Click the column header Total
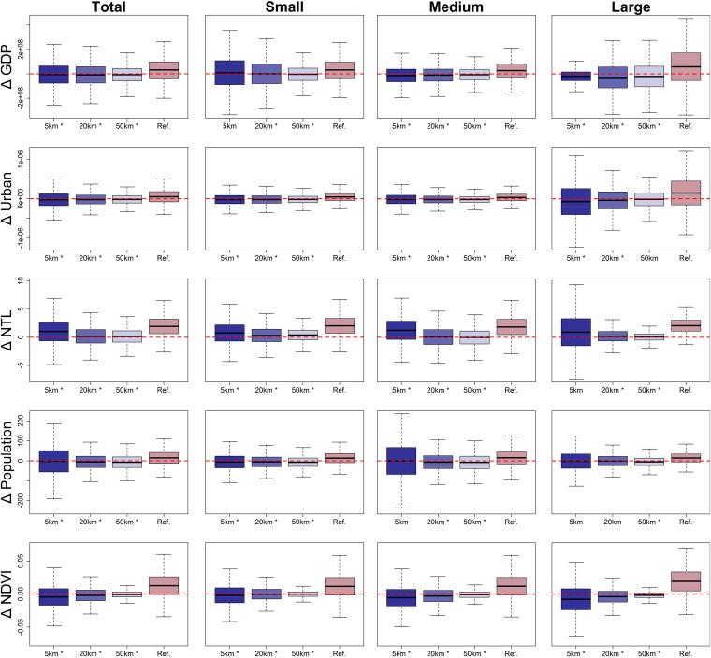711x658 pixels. [109, 8]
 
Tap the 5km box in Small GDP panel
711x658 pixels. [230, 73]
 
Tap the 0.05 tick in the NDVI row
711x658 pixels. [22, 559]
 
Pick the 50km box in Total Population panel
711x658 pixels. [126, 462]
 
